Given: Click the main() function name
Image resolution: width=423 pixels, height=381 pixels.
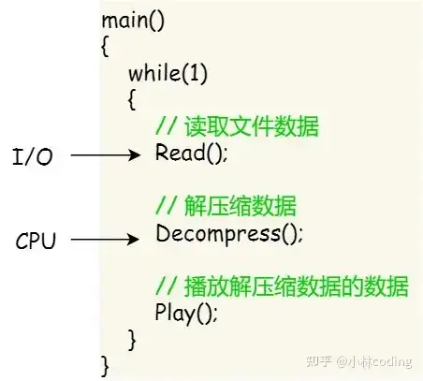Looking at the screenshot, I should [x=132, y=20].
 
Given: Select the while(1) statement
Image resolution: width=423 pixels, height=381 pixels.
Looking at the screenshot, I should [x=168, y=72].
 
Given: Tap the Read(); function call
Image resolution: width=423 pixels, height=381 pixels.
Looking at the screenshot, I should [x=191, y=153].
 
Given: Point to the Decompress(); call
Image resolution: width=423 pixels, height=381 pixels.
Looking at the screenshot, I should [x=229, y=233].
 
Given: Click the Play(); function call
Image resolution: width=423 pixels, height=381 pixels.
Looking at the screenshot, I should [x=186, y=314].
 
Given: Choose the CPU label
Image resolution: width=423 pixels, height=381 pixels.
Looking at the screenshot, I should [x=36, y=241].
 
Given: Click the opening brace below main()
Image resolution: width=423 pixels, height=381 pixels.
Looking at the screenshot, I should [x=105, y=46].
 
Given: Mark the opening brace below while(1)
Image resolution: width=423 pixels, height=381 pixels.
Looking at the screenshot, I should [x=132, y=98].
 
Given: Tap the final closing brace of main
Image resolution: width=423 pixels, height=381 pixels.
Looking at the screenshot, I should [x=105, y=361].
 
